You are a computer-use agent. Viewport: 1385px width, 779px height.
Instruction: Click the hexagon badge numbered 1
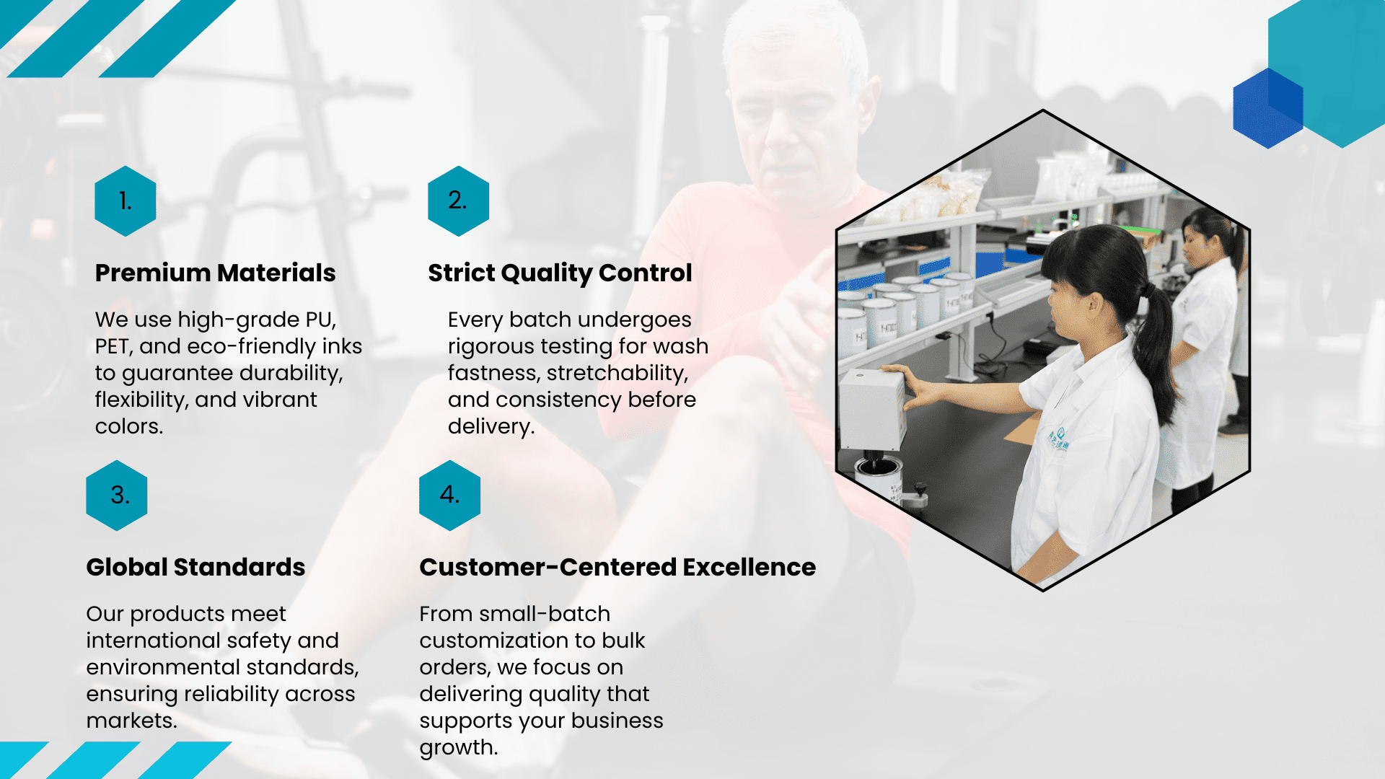(126, 201)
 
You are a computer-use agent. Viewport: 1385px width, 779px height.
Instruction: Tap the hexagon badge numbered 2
(458, 201)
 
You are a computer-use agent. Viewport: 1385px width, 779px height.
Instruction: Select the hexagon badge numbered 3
(117, 496)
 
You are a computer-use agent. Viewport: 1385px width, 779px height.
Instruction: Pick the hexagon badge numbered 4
(450, 496)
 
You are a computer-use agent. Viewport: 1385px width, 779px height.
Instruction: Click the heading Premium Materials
(215, 273)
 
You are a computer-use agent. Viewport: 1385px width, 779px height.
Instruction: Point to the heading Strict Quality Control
(560, 273)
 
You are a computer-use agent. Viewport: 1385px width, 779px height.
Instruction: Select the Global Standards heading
(195, 567)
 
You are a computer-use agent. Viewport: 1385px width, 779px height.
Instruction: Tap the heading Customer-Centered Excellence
(617, 567)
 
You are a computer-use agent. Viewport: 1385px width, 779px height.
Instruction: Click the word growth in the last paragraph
(459, 748)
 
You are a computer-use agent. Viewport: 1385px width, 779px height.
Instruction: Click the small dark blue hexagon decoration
(1268, 108)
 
